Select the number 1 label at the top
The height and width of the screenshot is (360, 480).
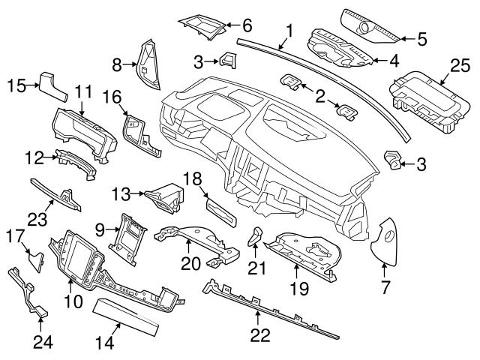pos(289,31)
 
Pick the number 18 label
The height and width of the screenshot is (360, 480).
pos(193,178)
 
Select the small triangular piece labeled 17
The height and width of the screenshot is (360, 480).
pos(36,259)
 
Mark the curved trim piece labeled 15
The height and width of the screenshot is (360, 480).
pos(54,84)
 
